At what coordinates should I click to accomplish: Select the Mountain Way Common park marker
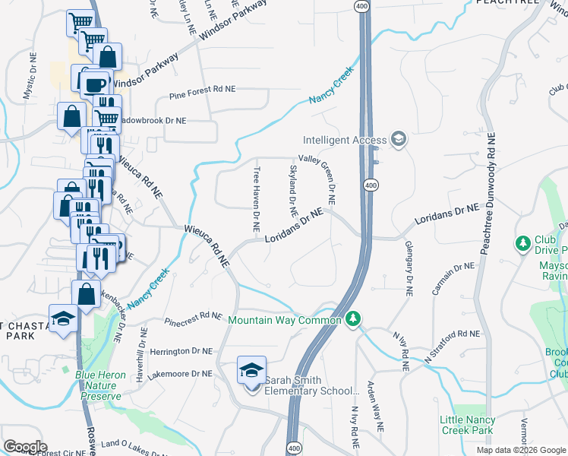coord(352,319)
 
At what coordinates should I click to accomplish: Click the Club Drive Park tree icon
coord(522,243)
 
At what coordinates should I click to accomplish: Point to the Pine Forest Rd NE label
coord(202,89)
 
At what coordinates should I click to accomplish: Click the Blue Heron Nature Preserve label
coord(98,385)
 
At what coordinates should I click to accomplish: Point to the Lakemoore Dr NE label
coord(181,373)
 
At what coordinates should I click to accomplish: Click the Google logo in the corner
coord(25,446)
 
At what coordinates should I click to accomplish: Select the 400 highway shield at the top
coord(360,6)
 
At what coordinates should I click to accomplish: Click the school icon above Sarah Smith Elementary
coord(251,370)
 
